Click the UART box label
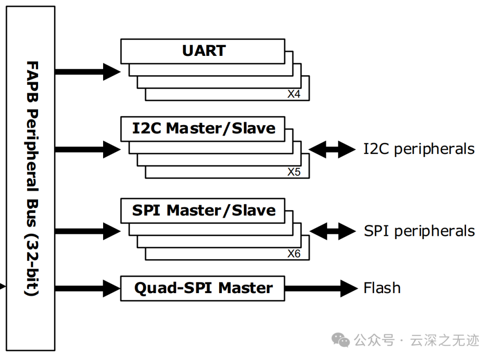pyautogui.click(x=204, y=50)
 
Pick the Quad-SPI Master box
pyautogui.click(x=203, y=288)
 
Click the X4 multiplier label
pyautogui.click(x=294, y=94)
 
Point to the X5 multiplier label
pyautogui.click(x=294, y=172)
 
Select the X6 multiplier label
pyautogui.click(x=294, y=254)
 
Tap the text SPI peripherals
pyautogui.click(x=419, y=231)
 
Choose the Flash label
pyautogui.click(x=382, y=288)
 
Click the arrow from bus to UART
pyautogui.click(x=87, y=71)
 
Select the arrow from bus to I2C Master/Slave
pyautogui.click(x=87, y=149)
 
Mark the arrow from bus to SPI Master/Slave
pyautogui.click(x=87, y=231)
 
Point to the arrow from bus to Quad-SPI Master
pyautogui.click(x=87, y=288)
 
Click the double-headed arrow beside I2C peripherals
pyautogui.click(x=332, y=149)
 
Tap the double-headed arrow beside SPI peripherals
pyautogui.click(x=332, y=231)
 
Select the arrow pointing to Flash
pyautogui.click(x=321, y=288)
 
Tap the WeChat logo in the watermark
pyautogui.click(x=341, y=340)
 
